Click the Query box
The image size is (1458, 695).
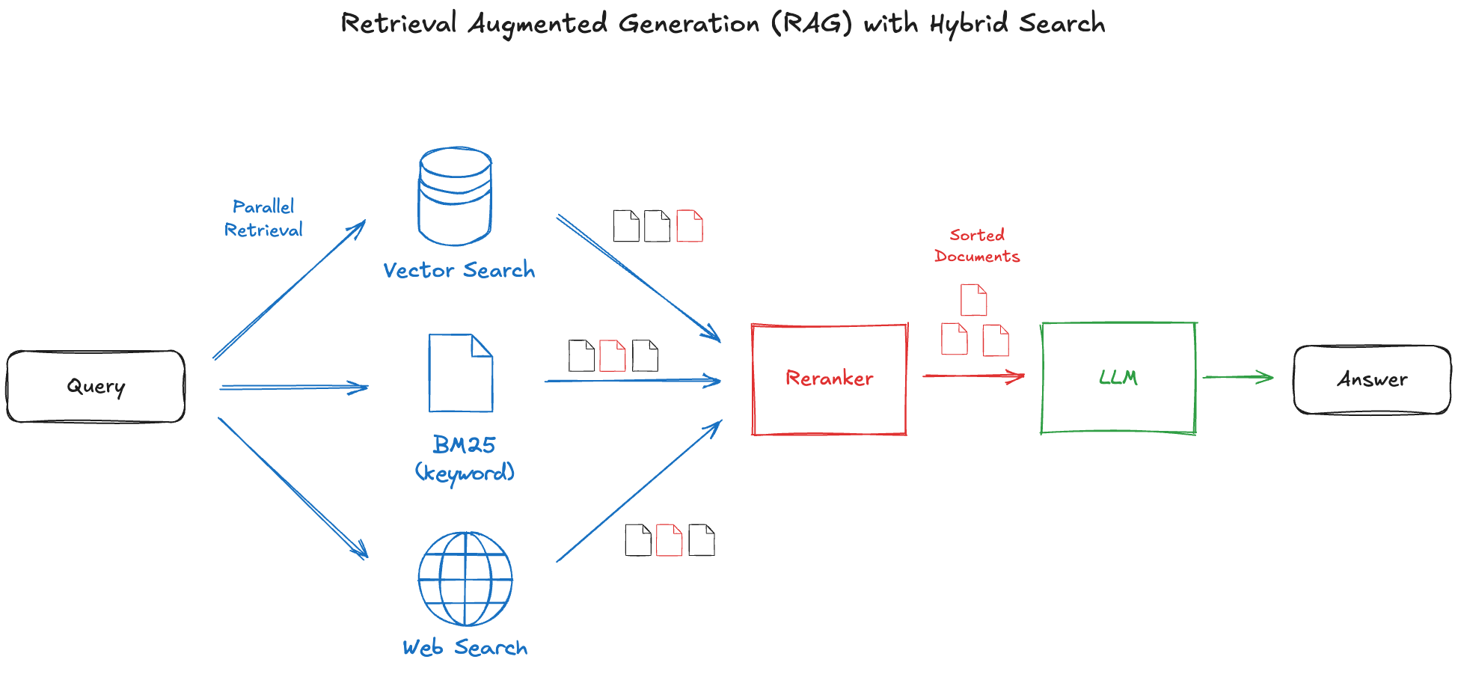click(96, 386)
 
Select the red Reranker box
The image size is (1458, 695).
click(829, 379)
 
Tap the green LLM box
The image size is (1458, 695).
click(1118, 378)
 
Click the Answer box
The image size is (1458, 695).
click(1372, 379)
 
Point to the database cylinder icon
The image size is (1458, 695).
click(455, 196)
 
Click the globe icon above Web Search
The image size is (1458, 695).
click(465, 579)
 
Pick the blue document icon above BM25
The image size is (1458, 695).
click(461, 373)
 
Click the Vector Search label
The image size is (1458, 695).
click(459, 270)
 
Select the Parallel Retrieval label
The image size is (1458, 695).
click(263, 218)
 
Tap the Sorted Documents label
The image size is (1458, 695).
click(977, 245)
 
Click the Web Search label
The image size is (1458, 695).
click(465, 648)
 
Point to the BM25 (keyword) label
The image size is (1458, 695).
click(465, 458)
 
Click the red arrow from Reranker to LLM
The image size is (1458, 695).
click(972, 376)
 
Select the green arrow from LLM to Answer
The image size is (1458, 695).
click(1237, 377)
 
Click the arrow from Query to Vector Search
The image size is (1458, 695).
click(289, 290)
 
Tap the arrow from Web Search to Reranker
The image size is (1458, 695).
click(638, 492)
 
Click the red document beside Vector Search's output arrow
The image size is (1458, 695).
click(690, 226)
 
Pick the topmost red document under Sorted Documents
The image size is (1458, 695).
click(973, 300)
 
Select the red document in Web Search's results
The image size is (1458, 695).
click(669, 540)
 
